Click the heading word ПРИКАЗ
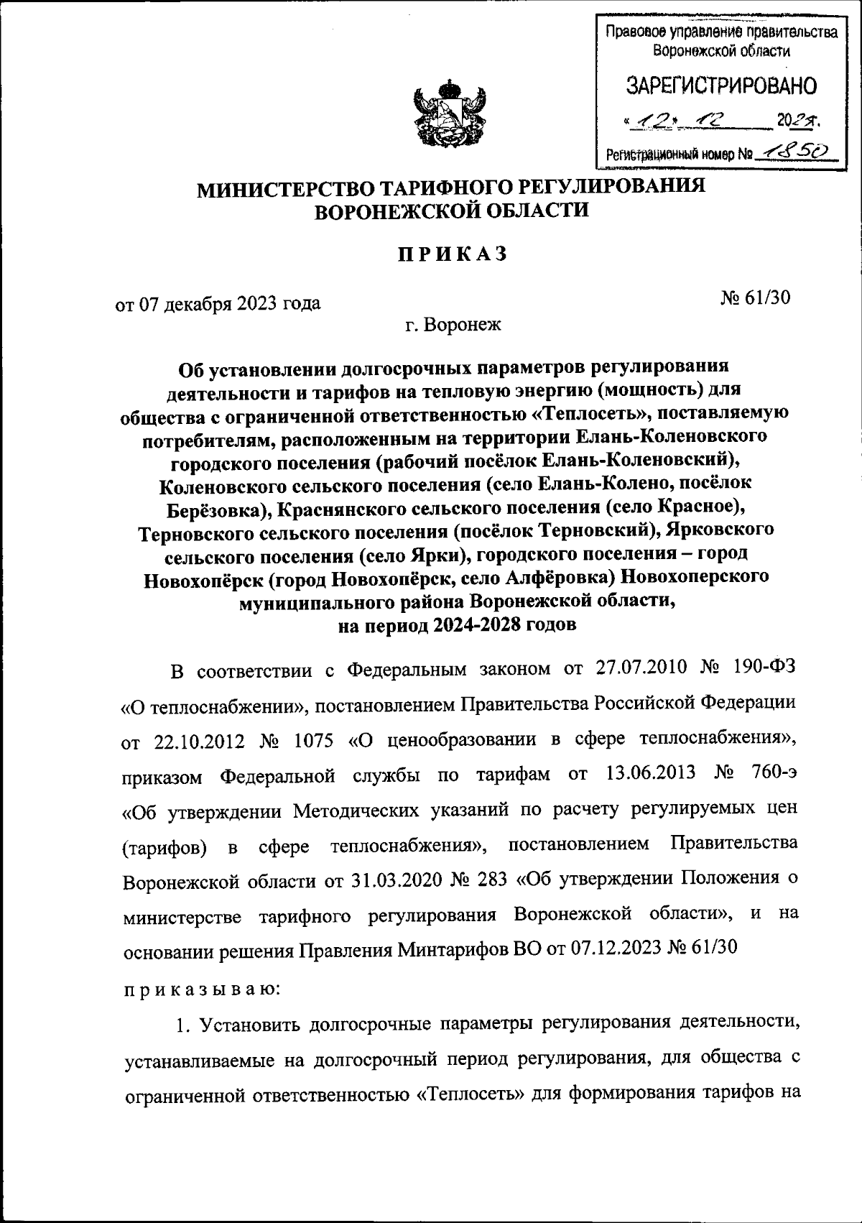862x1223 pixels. [453, 254]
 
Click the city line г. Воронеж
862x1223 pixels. [453, 325]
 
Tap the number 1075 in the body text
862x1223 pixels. [315, 741]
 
